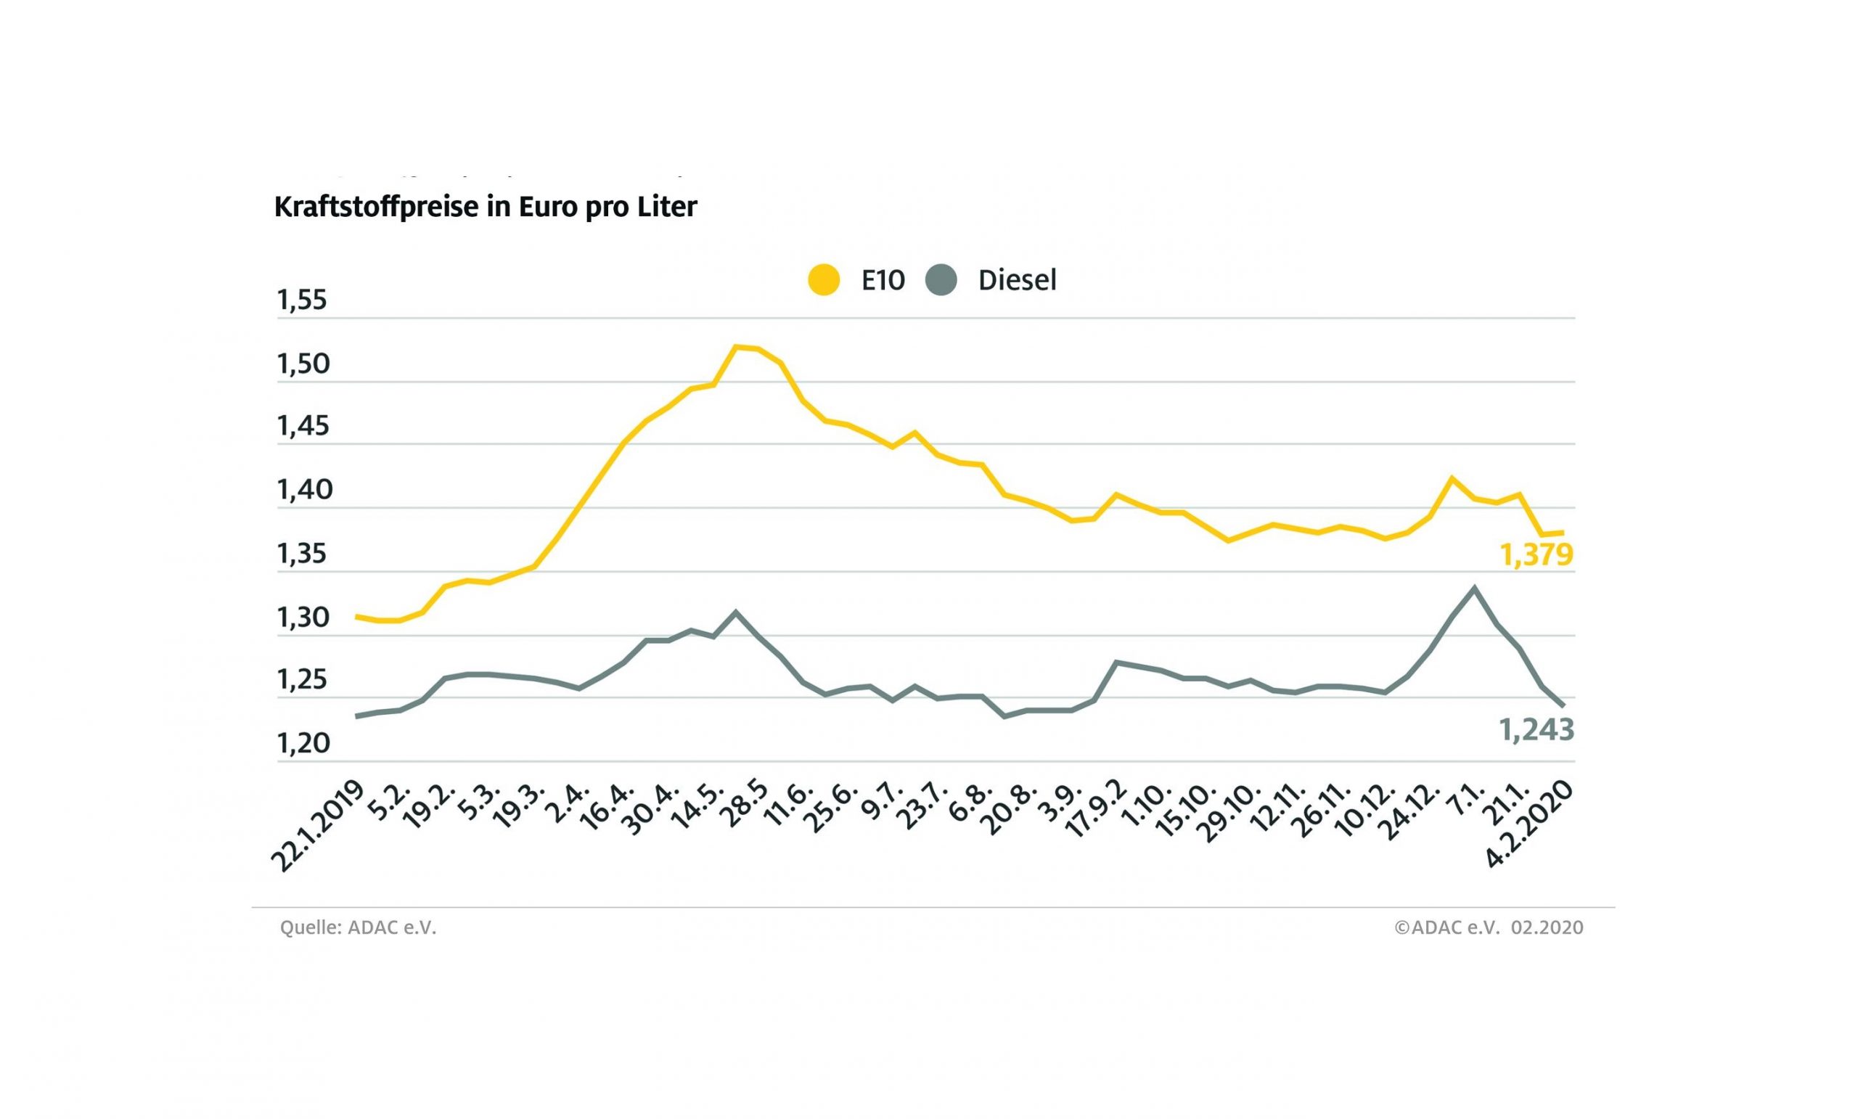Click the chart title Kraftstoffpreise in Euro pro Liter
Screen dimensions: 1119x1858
coord(485,207)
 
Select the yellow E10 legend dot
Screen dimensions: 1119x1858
coord(824,280)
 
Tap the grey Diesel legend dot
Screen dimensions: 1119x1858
coord(941,280)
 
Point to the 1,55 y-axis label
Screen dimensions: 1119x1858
coord(303,300)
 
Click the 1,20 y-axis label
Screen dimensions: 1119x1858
coord(303,744)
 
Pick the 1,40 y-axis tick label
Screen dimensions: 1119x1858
coord(304,490)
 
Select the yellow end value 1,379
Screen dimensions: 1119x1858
coord(1536,555)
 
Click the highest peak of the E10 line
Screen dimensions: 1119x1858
coord(736,347)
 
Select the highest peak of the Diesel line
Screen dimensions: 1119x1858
coord(1474,587)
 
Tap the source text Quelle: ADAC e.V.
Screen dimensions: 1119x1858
coord(359,927)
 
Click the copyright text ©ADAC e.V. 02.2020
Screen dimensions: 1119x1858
coord(1489,927)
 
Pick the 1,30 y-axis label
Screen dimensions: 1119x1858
coord(303,618)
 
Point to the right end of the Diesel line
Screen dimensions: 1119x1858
coord(1563,706)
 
